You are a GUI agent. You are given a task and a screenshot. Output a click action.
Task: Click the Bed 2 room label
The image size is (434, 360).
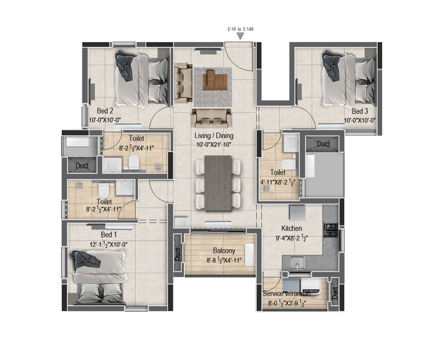[x=105, y=111]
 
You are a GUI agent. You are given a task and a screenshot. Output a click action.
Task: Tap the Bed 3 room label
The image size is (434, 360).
[x=360, y=112]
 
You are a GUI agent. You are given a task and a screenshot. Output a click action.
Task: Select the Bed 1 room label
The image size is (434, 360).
[x=109, y=235]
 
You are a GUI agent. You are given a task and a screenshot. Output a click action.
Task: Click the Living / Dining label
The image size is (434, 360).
[x=214, y=136]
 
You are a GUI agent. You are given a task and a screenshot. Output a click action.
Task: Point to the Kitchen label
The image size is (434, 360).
[x=292, y=229]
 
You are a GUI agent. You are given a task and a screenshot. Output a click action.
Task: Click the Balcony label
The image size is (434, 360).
[x=224, y=250]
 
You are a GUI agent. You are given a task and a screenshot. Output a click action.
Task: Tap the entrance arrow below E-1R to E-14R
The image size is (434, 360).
[x=240, y=36]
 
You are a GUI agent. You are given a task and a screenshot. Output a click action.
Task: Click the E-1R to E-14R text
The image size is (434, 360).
[x=241, y=29]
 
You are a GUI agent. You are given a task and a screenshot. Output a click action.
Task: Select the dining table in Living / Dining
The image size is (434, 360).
[x=218, y=183]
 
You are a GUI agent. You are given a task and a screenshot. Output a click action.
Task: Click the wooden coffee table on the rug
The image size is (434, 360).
[x=215, y=80]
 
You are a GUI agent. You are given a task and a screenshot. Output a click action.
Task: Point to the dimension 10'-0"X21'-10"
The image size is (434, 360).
[x=214, y=144]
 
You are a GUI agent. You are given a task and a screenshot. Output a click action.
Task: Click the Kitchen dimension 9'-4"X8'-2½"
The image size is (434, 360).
[x=292, y=238]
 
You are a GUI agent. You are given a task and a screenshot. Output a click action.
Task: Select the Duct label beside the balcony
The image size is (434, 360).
[x=178, y=254]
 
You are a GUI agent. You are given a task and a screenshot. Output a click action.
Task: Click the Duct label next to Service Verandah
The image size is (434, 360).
[x=335, y=293]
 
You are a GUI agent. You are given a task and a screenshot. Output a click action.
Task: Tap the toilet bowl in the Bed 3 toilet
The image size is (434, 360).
[x=288, y=164]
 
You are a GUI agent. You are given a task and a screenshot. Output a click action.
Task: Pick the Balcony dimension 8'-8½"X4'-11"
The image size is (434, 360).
[x=224, y=260]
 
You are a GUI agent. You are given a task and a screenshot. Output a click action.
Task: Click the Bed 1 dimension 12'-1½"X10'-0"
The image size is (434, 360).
[x=108, y=245]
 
